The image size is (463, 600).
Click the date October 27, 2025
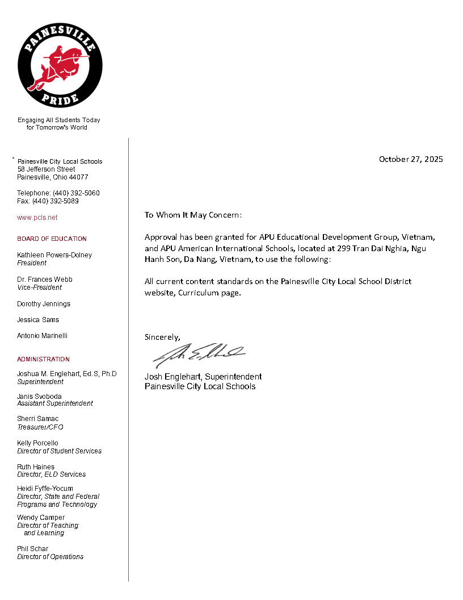pyautogui.click(x=411, y=159)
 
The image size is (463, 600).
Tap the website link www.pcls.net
pyautogui.click(x=37, y=218)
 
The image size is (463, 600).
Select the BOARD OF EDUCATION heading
pyautogui.click(x=52, y=239)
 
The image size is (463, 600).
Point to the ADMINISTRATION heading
pyautogui.click(x=43, y=359)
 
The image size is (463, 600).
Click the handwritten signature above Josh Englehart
pyautogui.click(x=199, y=355)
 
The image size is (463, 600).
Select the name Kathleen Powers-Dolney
pyautogui.click(x=54, y=255)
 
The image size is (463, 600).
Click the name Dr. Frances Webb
pyautogui.click(x=45, y=280)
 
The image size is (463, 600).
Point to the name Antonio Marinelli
pyautogui.click(x=42, y=336)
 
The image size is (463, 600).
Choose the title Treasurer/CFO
pyautogui.click(x=40, y=427)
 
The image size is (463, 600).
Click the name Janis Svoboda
pyautogui.click(x=39, y=396)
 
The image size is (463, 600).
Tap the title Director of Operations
pyautogui.click(x=50, y=557)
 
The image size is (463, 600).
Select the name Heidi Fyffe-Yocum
pyautogui.click(x=45, y=489)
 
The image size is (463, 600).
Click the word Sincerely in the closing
pyautogui.click(x=162, y=337)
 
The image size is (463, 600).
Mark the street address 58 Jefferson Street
pyautogui.click(x=46, y=169)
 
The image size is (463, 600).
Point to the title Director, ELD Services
pyautogui.click(x=51, y=474)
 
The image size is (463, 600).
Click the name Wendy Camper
pyautogui.click(x=41, y=518)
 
